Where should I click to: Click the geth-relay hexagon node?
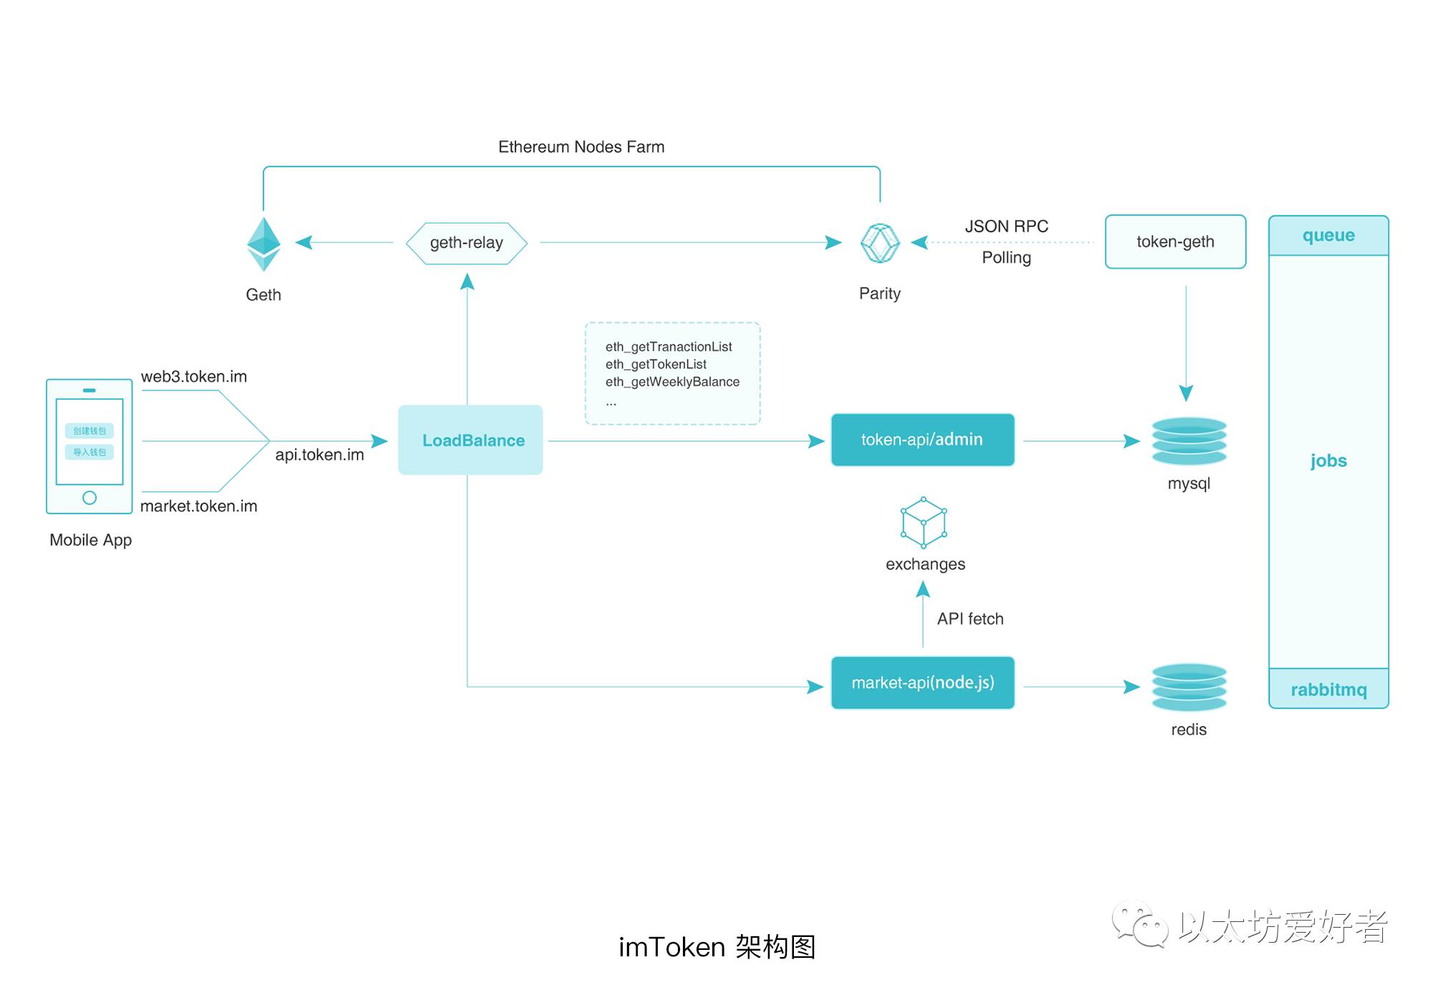coord(466,243)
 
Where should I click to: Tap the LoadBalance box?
coord(470,440)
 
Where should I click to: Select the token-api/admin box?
coord(922,440)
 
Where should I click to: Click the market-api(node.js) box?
coord(922,683)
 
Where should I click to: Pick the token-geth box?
coord(1175,242)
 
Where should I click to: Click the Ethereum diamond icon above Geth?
coord(264,244)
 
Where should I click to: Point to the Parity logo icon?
coord(879,244)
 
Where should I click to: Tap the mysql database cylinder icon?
coord(1189,441)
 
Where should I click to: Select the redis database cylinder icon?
coord(1189,686)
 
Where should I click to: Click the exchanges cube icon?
coord(924,522)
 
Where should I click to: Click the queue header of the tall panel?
coord(1328,236)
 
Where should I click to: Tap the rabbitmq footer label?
coord(1328,689)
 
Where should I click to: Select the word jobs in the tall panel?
coord(1328,461)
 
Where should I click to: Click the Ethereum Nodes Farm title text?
coord(581,147)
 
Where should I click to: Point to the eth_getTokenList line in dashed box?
coord(656,365)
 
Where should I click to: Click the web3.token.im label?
coord(193,377)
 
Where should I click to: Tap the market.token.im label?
coord(198,506)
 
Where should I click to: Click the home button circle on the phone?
coord(90,497)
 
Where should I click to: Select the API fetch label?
coord(970,619)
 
